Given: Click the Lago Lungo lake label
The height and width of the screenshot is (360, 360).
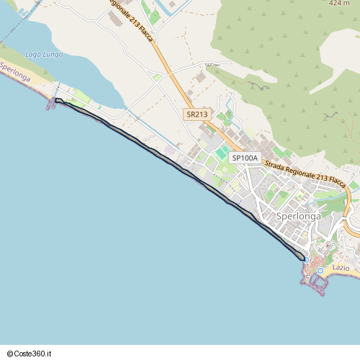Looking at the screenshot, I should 43,55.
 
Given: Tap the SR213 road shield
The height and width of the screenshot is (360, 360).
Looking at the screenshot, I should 196,114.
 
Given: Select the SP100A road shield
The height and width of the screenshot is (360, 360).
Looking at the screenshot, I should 244,158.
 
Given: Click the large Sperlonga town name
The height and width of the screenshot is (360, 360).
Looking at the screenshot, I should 298,216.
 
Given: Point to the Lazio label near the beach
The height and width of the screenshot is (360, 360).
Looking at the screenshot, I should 341,267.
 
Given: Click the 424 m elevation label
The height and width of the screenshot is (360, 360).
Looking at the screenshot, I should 339,4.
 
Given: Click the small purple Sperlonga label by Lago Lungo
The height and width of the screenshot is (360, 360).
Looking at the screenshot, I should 14,71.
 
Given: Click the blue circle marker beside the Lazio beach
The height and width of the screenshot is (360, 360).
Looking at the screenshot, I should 320,270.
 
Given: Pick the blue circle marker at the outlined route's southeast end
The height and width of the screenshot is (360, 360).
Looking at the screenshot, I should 305,259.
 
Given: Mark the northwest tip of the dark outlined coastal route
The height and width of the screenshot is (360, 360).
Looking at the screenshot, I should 57,101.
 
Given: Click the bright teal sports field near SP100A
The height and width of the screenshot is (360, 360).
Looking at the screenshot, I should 220,153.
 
